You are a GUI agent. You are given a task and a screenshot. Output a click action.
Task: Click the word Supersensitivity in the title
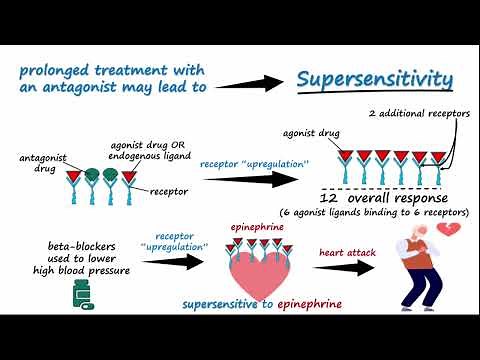pos(375,81)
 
